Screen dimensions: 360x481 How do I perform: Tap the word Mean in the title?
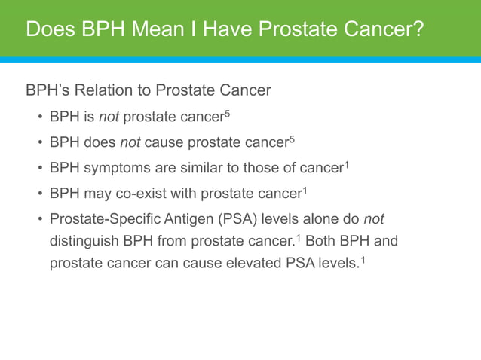pyautogui.click(x=155, y=29)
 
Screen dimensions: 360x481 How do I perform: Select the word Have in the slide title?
pyautogui.click(x=222, y=29)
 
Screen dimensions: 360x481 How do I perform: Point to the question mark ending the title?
pyautogui.click(x=416, y=29)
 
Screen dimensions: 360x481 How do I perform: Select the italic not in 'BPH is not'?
pyautogui.click(x=109, y=118)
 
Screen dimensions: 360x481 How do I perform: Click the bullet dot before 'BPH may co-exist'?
pyautogui.click(x=40, y=194)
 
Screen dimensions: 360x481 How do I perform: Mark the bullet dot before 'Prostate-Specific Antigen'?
pyautogui.click(x=40, y=219)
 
